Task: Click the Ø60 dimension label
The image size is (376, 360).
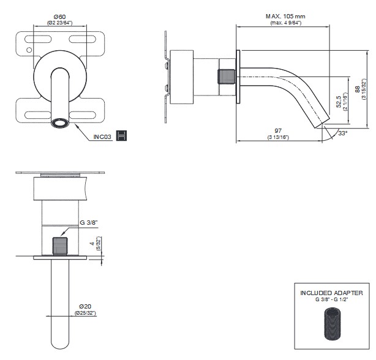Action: click(61, 17)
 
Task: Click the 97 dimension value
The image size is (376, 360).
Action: click(278, 131)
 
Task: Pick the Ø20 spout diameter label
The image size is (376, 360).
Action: click(85, 306)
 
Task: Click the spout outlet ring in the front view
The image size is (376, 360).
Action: click(61, 122)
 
